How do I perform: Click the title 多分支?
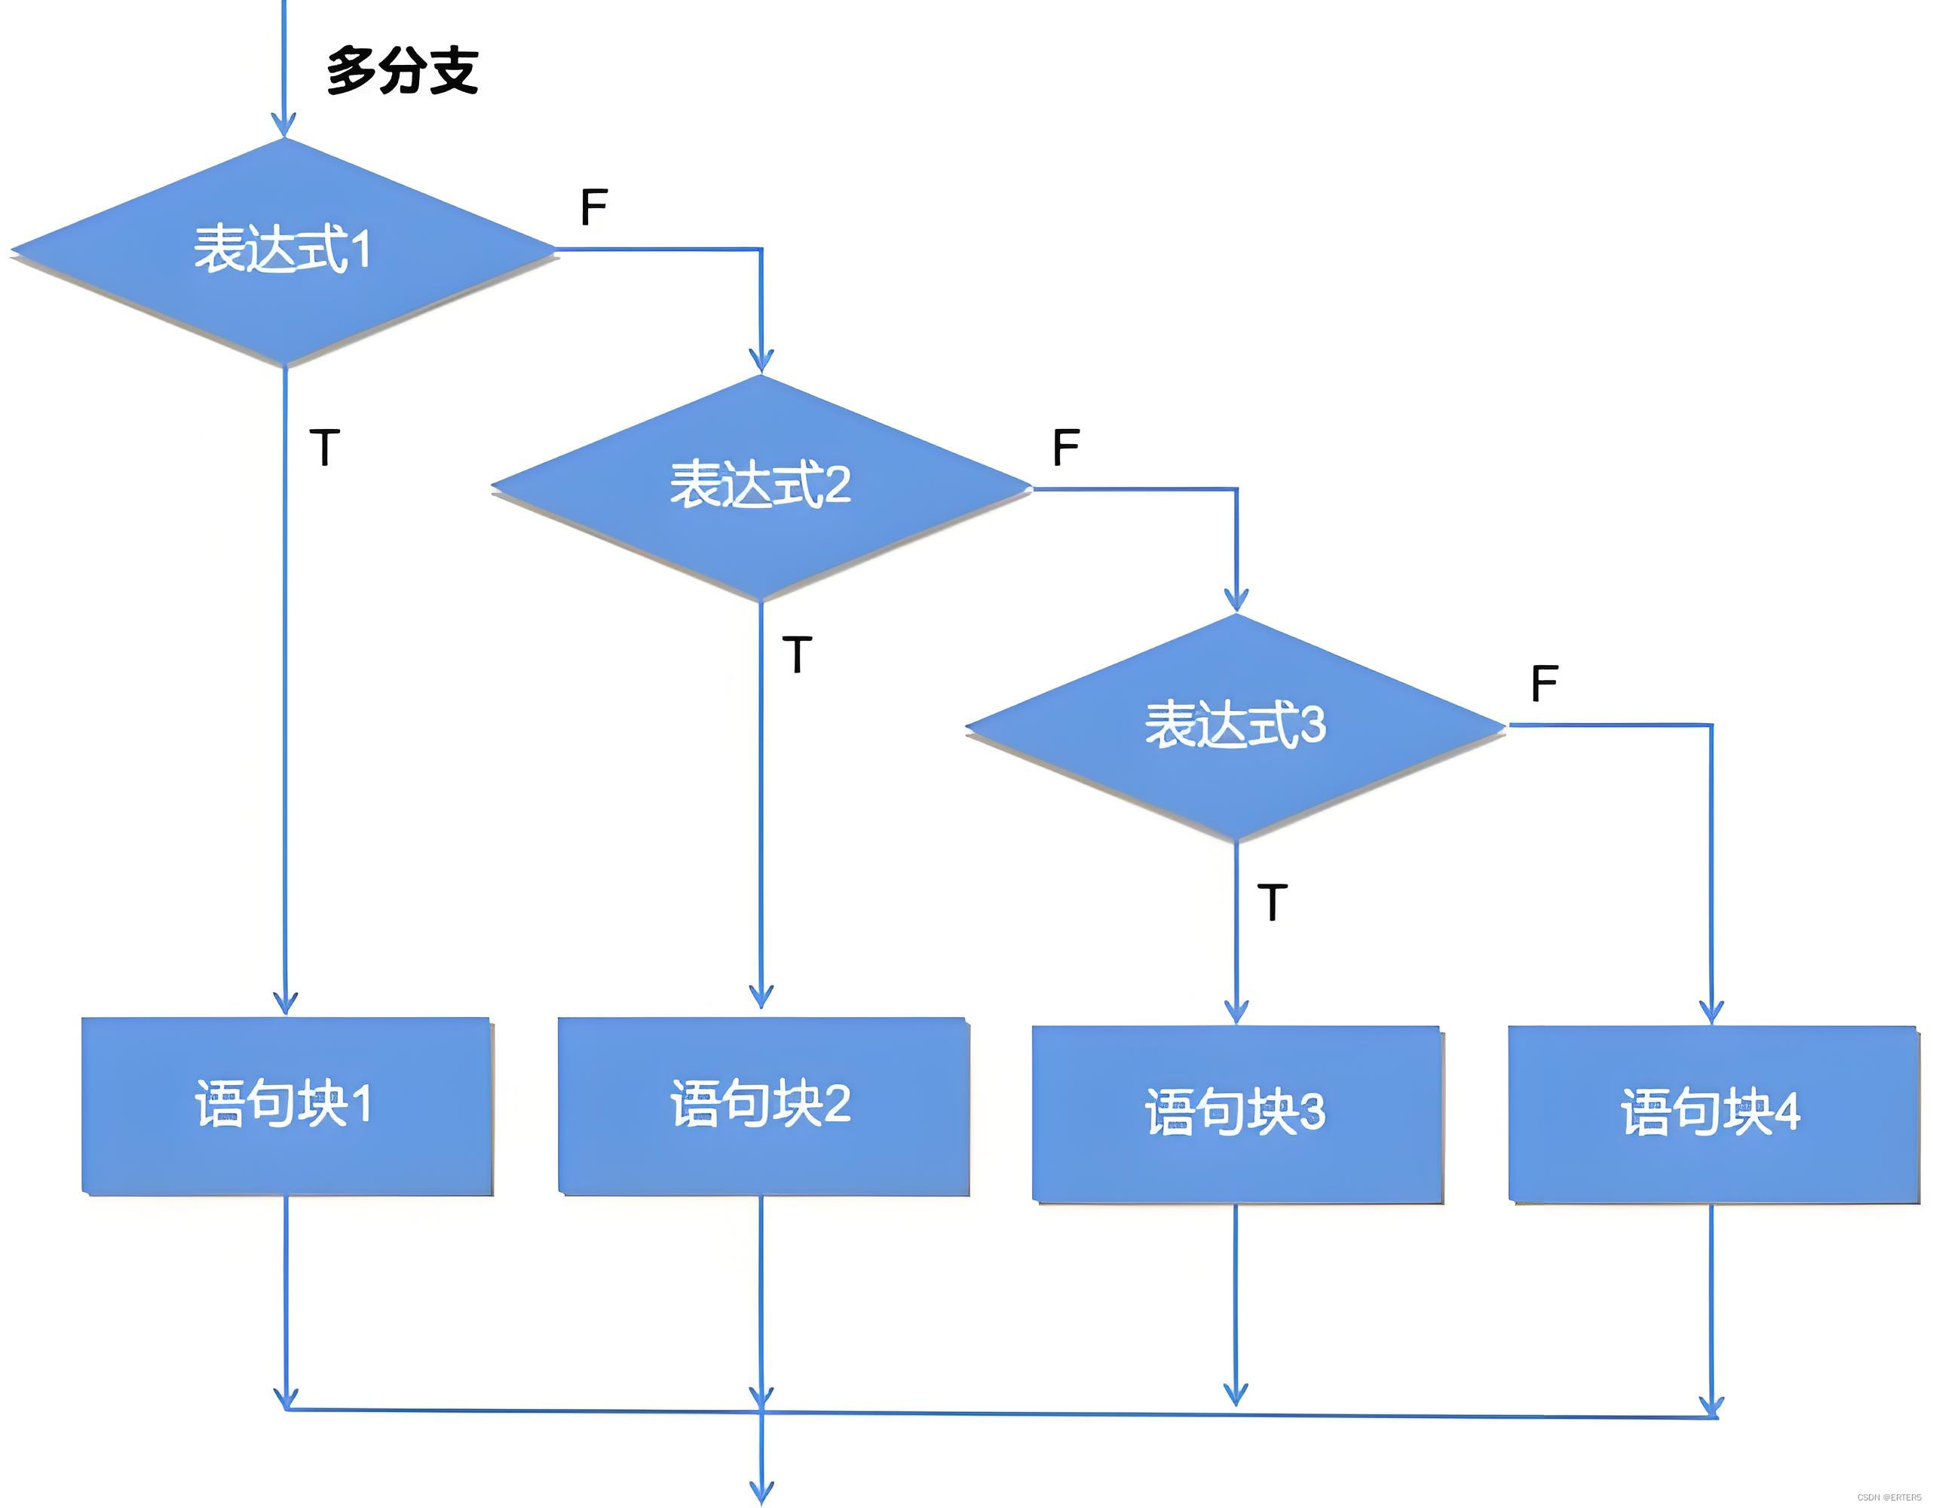[403, 71]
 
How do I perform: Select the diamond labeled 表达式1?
[283, 250]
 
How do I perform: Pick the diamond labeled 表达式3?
[1236, 725]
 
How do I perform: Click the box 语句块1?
[286, 1105]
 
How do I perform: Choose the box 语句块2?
[762, 1105]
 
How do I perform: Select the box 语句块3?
[1236, 1114]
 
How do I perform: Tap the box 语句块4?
[1712, 1114]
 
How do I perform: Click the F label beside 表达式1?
[594, 208]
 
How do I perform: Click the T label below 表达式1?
[325, 447]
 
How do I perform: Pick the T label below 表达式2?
[798, 655]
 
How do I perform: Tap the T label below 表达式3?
[1273, 903]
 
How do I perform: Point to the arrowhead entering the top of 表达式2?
[761, 361]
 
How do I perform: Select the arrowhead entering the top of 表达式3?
[1236, 600]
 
